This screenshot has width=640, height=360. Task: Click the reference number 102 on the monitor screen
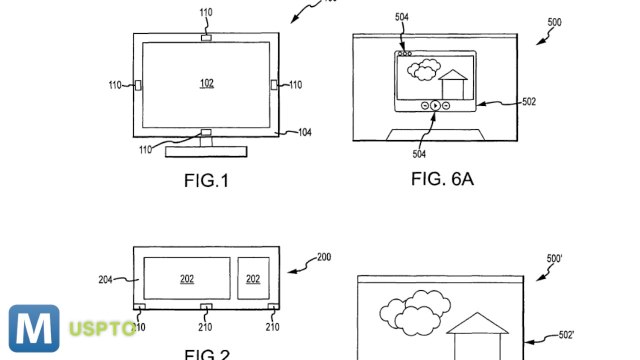[207, 84]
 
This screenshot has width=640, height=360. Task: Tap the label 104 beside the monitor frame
[302, 132]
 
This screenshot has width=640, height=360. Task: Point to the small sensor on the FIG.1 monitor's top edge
[206, 38]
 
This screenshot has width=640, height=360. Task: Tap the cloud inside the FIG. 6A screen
[424, 70]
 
